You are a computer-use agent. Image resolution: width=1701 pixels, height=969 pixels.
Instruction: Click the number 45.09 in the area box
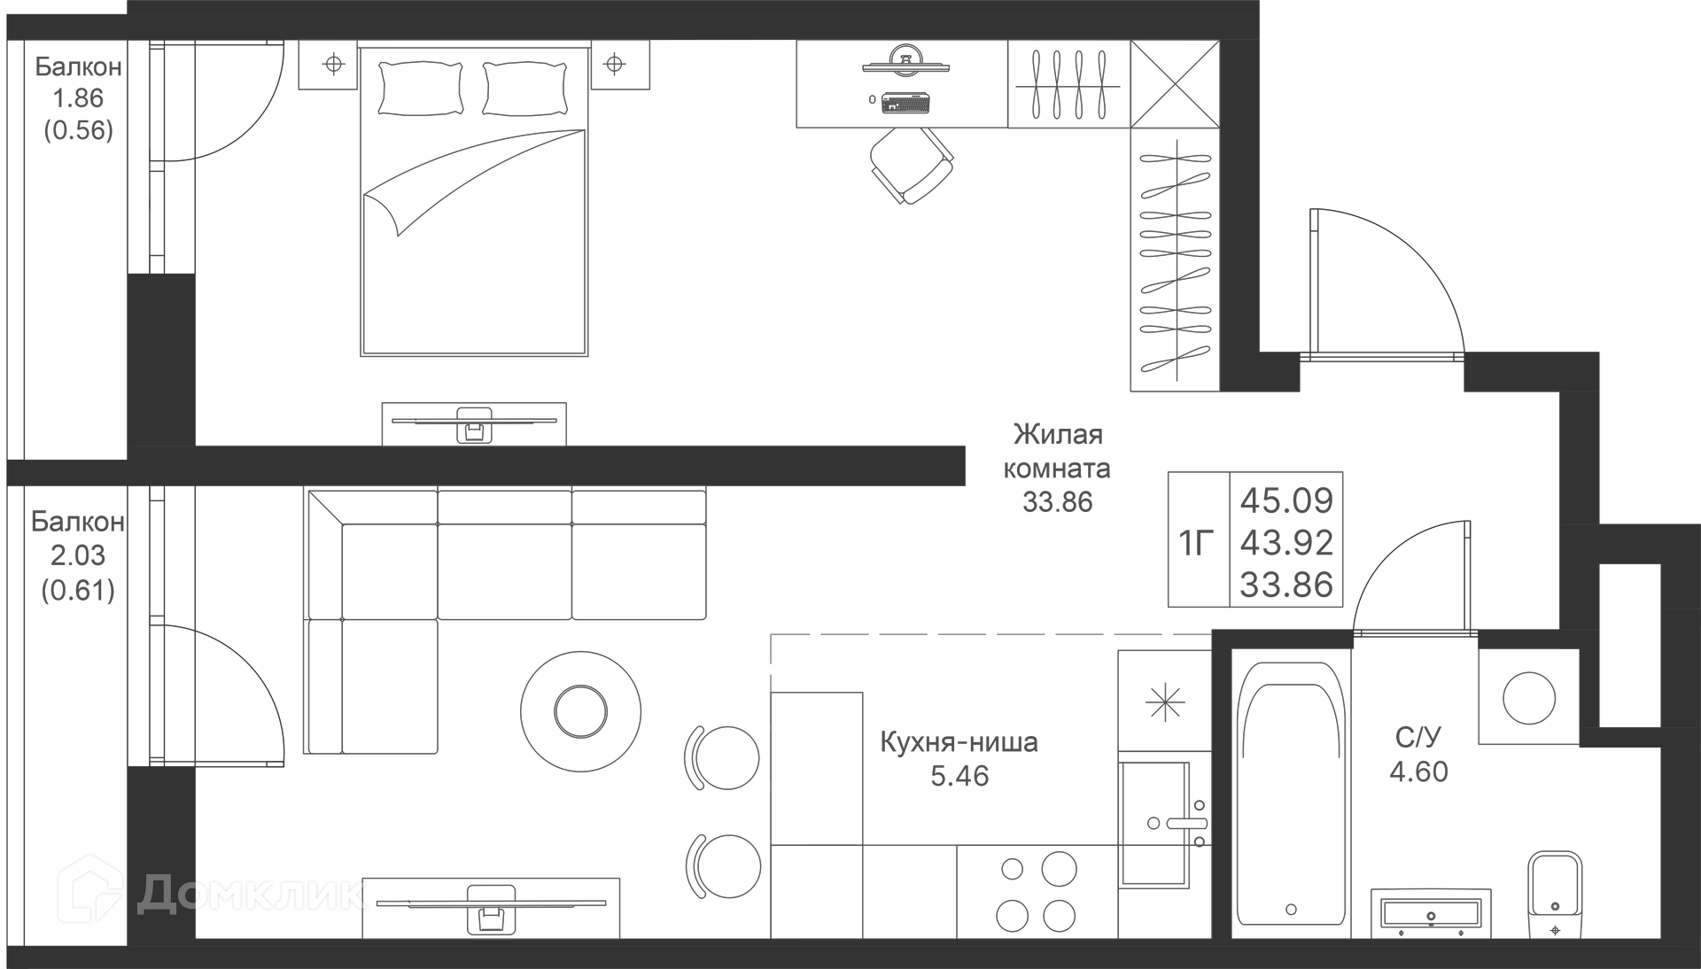[x=1286, y=500]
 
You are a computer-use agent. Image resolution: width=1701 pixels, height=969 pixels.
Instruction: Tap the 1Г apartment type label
[x=1195, y=542]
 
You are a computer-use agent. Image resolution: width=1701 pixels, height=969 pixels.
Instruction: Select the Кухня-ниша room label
[x=959, y=742]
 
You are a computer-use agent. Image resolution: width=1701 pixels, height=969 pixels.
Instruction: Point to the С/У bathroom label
[x=1417, y=737]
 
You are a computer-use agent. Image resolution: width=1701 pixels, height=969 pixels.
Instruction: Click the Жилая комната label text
[x=1057, y=451]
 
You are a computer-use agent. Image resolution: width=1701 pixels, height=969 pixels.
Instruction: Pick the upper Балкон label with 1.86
[x=78, y=67]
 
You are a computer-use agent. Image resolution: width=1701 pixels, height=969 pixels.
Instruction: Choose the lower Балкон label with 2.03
[x=77, y=522]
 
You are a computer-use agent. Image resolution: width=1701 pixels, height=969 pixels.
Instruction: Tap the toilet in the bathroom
[x=1555, y=890]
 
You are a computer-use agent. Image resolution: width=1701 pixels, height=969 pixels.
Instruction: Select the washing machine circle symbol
[x=1529, y=697]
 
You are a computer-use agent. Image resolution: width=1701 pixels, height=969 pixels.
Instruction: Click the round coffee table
[x=580, y=711]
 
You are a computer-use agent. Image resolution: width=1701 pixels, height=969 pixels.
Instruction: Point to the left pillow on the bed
[x=421, y=88]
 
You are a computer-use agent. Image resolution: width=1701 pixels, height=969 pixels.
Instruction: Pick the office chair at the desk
[x=911, y=165]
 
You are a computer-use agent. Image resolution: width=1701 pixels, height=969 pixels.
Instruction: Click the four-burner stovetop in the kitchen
[x=1036, y=892]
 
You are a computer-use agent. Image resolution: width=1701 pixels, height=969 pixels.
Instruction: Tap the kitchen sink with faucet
[x=1154, y=824]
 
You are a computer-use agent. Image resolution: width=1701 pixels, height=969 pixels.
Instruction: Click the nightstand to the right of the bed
[x=619, y=65]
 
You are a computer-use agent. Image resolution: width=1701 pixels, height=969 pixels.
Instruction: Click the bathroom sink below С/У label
[x=1430, y=913]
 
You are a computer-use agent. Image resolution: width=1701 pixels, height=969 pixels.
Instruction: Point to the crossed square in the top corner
[x=1175, y=84]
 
